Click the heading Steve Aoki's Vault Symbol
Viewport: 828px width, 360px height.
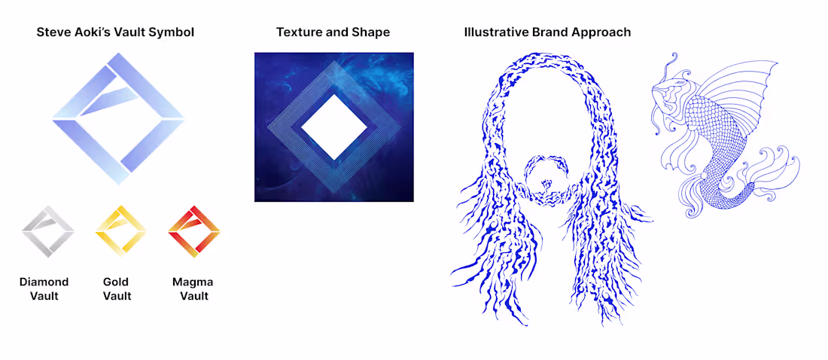click(x=115, y=32)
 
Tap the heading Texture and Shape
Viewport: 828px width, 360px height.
click(x=333, y=32)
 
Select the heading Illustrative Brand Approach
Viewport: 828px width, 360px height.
click(x=547, y=32)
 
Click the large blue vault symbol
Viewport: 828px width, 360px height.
click(x=119, y=118)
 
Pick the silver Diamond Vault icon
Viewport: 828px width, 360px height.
click(x=48, y=230)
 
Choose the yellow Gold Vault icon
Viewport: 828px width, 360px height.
click(x=120, y=230)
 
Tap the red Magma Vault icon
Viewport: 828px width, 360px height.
click(x=193, y=230)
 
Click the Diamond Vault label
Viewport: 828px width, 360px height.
click(x=44, y=289)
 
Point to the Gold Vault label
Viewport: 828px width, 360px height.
click(x=117, y=289)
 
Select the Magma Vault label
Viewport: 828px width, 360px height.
click(x=193, y=289)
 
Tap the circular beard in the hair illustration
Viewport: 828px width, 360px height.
click(x=547, y=181)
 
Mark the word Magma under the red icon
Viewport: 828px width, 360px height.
click(x=193, y=282)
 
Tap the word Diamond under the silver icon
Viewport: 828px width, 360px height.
click(x=44, y=282)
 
